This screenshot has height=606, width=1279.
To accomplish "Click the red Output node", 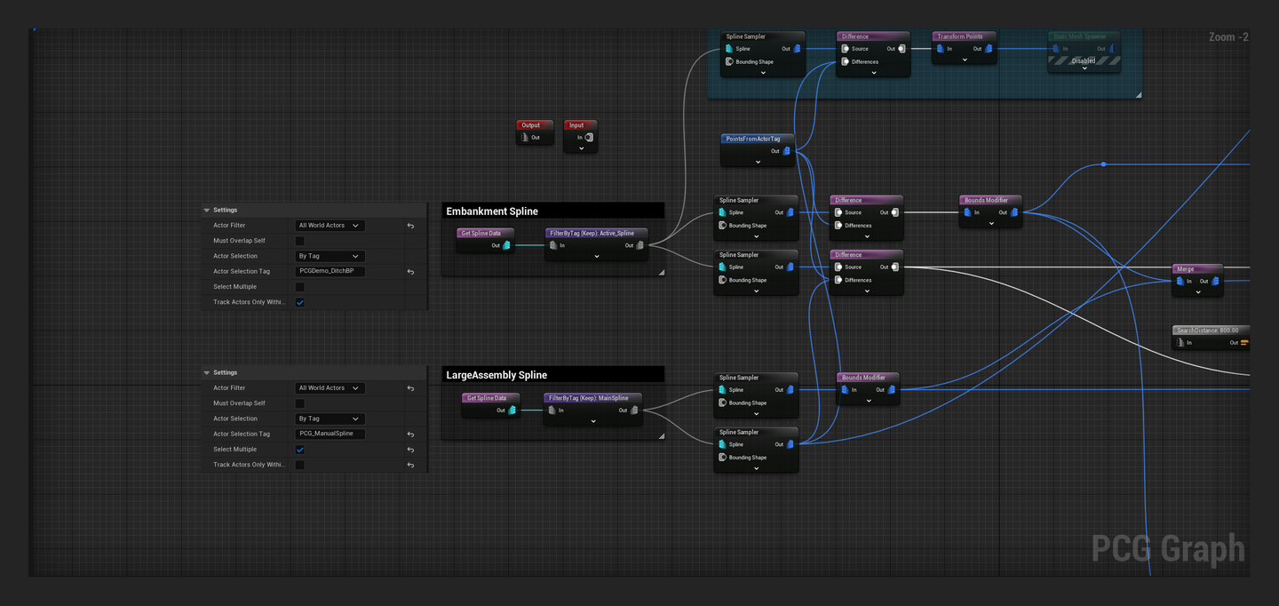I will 535,125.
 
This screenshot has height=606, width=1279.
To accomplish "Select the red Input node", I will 580,125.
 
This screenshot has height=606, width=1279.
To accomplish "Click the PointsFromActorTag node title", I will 757,140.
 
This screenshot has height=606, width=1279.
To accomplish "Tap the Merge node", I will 1196,269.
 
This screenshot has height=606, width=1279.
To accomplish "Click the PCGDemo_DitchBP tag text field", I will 330,271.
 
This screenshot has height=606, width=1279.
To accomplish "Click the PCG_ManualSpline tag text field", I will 330,434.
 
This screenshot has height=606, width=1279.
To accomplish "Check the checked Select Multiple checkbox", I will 300,450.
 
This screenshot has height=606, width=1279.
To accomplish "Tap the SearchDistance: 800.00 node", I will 1210,331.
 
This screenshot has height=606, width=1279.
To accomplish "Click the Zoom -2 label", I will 1228,37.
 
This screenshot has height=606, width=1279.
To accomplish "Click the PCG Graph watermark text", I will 1167,549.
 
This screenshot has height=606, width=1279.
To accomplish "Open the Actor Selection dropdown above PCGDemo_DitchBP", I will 330,256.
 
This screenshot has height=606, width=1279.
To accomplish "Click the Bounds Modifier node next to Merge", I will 990,201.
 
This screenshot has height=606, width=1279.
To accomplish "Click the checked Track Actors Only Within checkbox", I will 300,302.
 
